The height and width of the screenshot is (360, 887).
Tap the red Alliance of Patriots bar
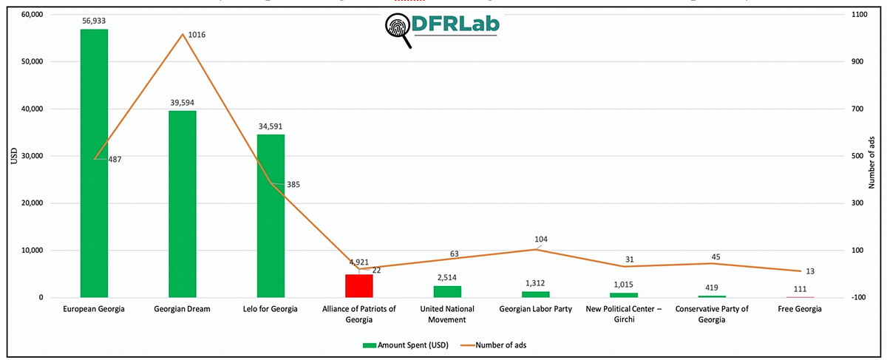tap(359, 286)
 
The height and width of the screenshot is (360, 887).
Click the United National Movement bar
tap(447, 292)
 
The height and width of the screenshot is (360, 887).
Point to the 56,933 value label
tap(94, 22)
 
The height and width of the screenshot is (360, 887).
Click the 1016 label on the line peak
tap(197, 35)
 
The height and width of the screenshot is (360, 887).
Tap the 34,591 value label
tap(271, 127)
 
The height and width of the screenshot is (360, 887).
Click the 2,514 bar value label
tap(447, 278)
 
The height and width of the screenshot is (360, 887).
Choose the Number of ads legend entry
tap(491, 344)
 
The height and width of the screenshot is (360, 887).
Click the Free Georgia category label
tap(801, 309)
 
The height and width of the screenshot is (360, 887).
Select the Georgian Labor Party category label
tap(536, 309)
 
